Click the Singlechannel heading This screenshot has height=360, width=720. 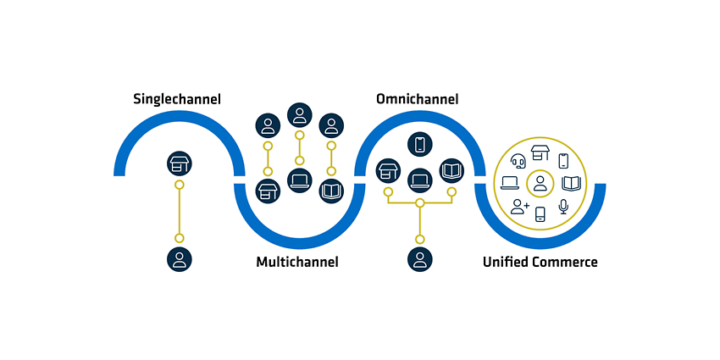pos(177,99)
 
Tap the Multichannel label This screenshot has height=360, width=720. pos(297,263)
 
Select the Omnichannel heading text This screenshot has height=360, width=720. pos(417,99)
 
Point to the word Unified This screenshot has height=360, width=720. pos(506,263)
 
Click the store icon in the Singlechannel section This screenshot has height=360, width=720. pos(180,163)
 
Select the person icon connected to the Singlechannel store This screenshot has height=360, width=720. pos(180,259)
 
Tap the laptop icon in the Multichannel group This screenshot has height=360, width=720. pos(300,180)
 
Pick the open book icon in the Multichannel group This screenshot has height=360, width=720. pos(331,191)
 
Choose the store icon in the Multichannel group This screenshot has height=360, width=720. pos(268,191)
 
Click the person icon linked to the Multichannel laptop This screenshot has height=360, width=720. pos(300,115)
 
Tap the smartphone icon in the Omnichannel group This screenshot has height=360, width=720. pos(419,144)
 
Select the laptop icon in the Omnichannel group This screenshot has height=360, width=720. pos(419,180)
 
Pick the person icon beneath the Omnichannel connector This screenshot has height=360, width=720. pos(419,259)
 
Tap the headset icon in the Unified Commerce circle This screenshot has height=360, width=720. pos(518,161)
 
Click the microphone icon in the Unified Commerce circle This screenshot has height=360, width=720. pos(563,207)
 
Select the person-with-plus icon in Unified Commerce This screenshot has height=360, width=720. pos(520,207)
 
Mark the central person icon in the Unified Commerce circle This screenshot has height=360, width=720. pos(540,184)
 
